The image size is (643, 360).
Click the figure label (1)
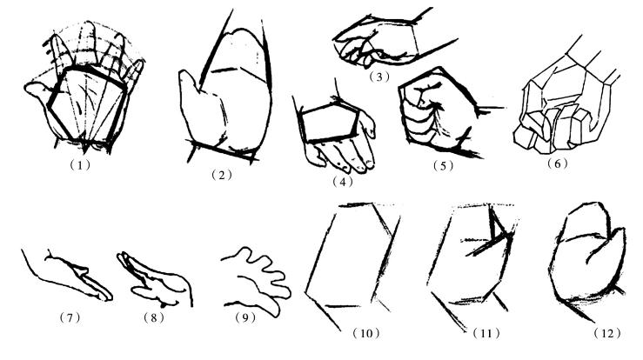point(80,165)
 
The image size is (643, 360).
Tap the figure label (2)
point(222,175)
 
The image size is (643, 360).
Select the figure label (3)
point(378,77)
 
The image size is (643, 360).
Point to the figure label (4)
point(343,182)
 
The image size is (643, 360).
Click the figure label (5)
point(443,165)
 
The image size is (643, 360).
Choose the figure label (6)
point(558,163)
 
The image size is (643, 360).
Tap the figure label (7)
point(70,317)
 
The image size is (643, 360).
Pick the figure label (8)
point(154,317)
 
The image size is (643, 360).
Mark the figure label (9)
point(245,317)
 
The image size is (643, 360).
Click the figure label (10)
point(366,333)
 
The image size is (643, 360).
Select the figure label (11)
point(486,333)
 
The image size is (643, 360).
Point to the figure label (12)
point(607,333)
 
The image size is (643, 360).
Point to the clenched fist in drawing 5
point(439,113)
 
